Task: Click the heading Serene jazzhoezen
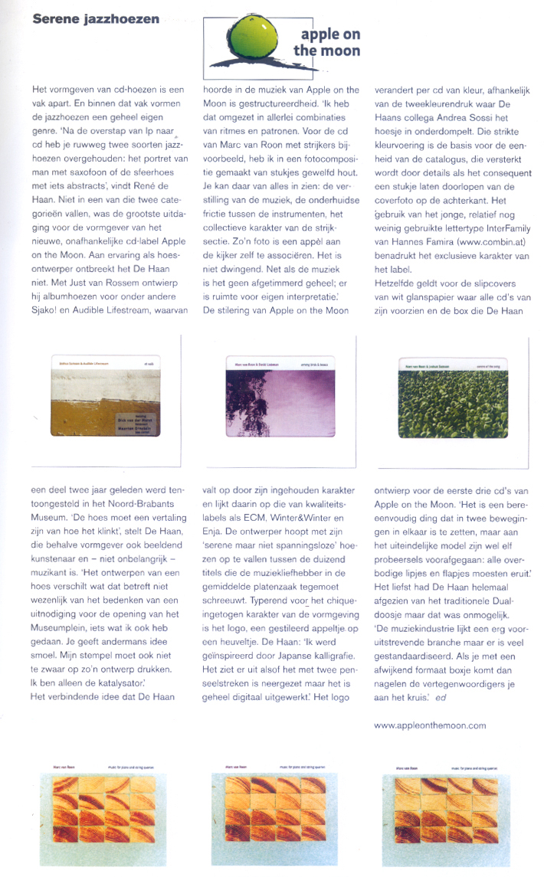click(96, 18)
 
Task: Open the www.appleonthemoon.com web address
click(430, 725)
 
